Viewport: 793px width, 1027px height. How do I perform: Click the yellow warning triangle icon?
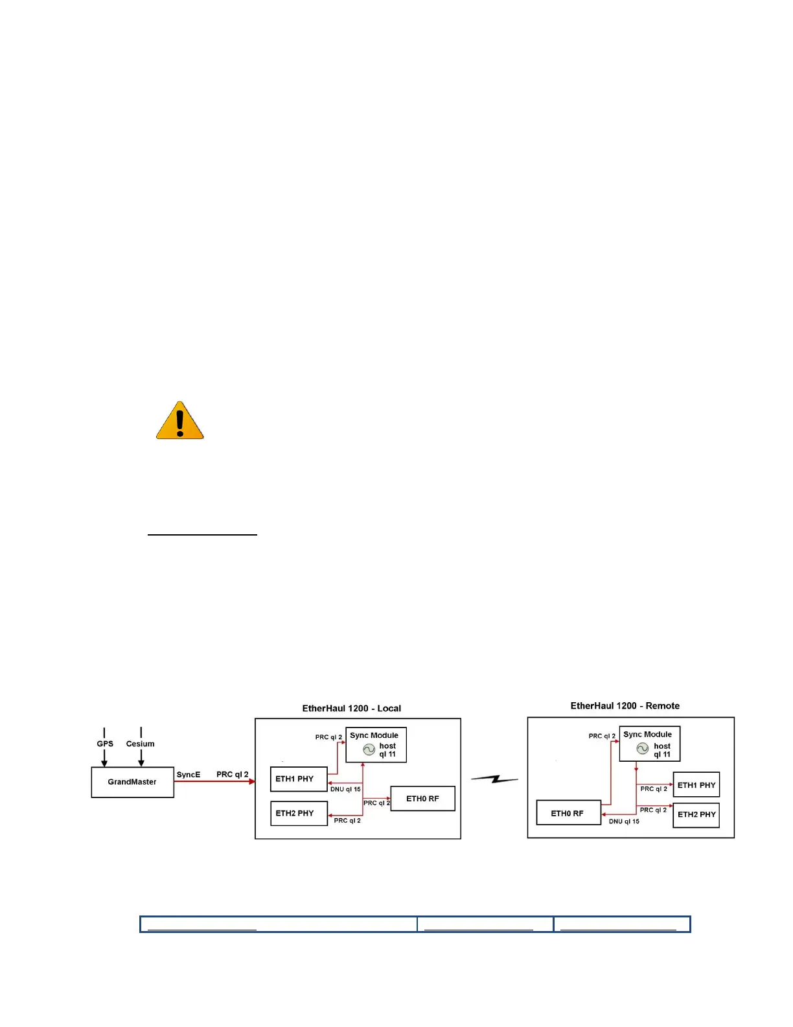(180, 421)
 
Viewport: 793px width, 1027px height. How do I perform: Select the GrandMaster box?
(132, 782)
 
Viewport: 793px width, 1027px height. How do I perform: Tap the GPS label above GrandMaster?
(105, 744)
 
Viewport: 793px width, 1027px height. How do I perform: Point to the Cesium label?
(140, 744)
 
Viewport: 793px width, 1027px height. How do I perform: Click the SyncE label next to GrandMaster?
(189, 775)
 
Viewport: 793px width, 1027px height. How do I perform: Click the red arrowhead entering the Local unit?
(252, 782)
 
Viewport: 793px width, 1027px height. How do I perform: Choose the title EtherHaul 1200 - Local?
(351, 709)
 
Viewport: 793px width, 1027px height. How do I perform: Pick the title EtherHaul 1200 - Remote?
(625, 706)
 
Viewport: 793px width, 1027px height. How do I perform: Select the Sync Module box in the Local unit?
(376, 745)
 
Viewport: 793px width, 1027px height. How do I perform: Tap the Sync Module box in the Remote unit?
(649, 744)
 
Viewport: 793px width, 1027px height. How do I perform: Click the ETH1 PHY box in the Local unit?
(298, 779)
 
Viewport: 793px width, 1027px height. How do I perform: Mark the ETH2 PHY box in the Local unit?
(298, 813)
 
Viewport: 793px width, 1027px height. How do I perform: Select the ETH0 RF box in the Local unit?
(422, 799)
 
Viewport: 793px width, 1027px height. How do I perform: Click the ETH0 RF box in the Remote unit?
(568, 813)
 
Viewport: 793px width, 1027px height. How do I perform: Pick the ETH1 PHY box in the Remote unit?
(696, 785)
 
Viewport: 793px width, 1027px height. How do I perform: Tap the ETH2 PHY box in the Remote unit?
(696, 815)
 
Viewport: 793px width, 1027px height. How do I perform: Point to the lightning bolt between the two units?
(494, 779)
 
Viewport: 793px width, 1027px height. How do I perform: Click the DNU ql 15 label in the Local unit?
(345, 790)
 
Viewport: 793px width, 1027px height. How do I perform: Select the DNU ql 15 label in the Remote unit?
(624, 821)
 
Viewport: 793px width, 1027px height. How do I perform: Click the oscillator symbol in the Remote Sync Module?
(643, 748)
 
